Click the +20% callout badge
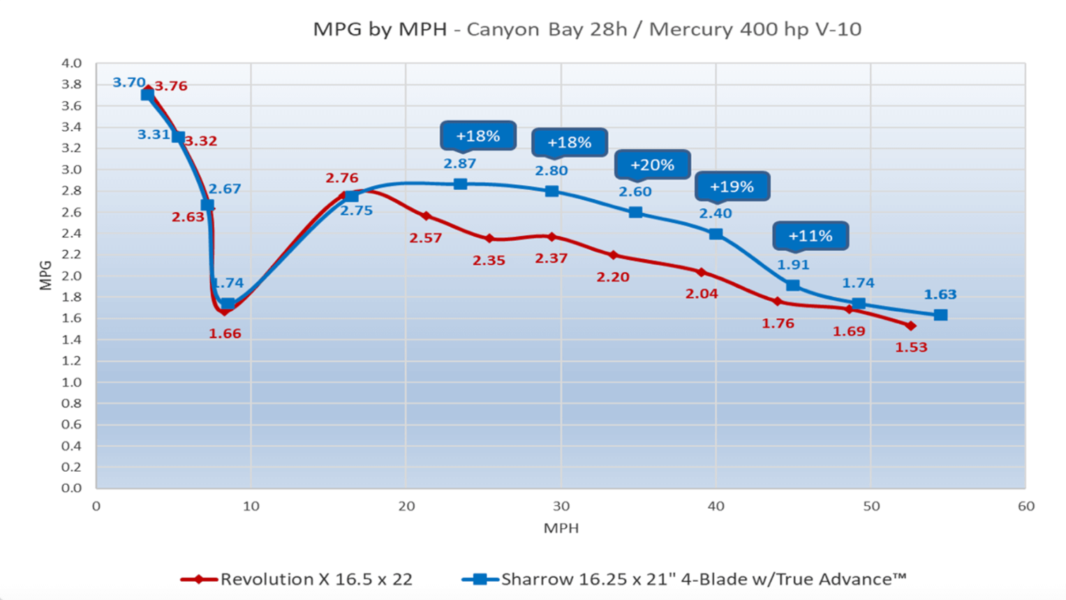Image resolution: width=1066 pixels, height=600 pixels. [652, 165]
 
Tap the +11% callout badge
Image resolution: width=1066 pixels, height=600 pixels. [810, 236]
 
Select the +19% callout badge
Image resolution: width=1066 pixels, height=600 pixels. [732, 187]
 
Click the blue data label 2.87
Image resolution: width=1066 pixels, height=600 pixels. [459, 164]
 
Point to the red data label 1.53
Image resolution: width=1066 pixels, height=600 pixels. [911, 347]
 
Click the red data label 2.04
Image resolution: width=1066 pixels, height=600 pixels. [701, 294]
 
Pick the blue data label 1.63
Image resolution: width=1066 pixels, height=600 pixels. [940, 294]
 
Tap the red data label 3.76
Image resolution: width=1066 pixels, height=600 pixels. [171, 87]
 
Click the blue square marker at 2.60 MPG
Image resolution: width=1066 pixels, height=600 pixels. [635, 212]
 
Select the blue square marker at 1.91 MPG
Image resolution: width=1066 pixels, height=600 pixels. [792, 285]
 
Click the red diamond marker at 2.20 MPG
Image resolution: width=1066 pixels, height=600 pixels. [613, 255]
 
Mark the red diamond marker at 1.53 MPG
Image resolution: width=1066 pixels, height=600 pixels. [910, 326]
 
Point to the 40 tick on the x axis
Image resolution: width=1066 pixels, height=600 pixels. [716, 507]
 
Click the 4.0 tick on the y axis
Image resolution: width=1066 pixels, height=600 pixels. [71, 63]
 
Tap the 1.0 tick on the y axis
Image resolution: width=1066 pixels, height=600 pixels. [71, 382]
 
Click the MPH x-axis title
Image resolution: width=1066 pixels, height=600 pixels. [561, 528]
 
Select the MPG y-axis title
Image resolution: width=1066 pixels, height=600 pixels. [46, 276]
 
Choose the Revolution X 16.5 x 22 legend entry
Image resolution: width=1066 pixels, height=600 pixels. [316, 579]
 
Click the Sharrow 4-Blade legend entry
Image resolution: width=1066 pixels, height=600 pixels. [703, 579]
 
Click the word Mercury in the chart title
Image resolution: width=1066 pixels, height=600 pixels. [686, 29]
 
